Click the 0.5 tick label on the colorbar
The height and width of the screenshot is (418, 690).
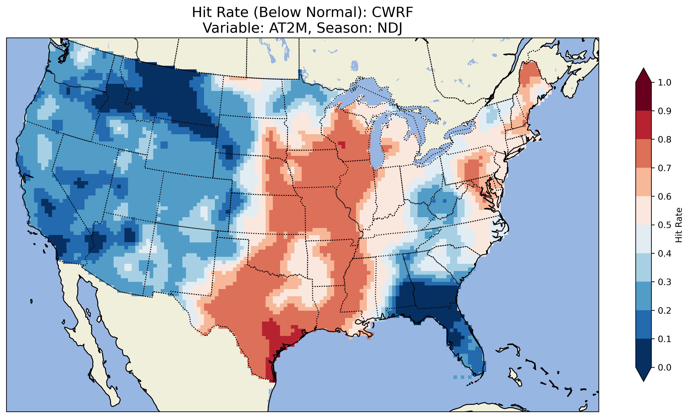(665, 225)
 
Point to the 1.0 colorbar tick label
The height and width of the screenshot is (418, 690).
(665, 82)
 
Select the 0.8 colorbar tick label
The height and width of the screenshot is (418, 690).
(665, 140)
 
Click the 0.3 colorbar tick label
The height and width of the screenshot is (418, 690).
(665, 282)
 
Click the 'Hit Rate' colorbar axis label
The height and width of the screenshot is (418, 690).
(679, 225)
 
